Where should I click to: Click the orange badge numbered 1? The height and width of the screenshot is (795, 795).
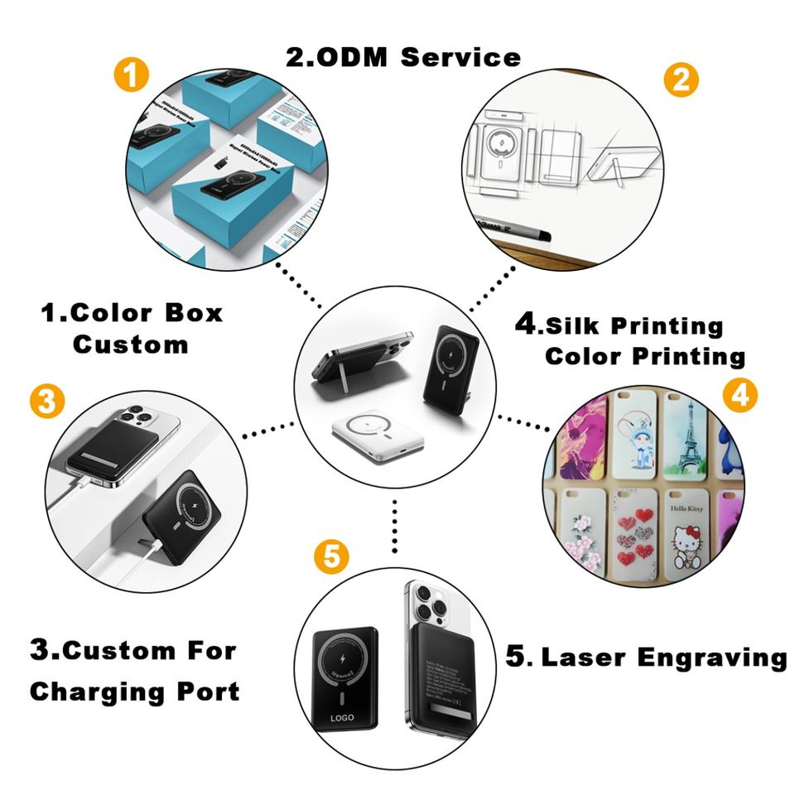[x=131, y=77]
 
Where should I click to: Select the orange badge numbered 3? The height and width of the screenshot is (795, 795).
[x=46, y=402]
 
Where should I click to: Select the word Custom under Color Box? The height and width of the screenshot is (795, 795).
[x=130, y=344]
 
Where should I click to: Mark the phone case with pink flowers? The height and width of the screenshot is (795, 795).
[x=583, y=534]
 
